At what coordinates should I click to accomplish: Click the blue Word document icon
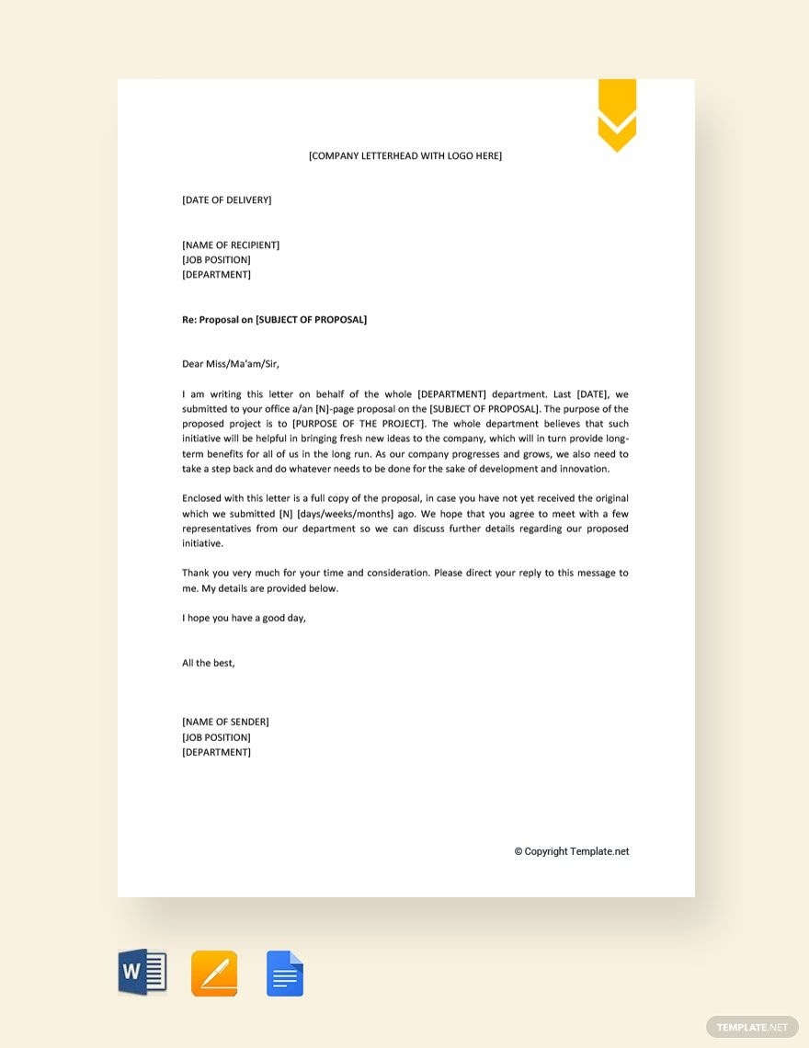[x=142, y=973]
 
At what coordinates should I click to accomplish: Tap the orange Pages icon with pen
[x=214, y=974]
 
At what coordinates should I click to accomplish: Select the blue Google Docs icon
[x=285, y=974]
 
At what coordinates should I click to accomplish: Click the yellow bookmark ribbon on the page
[x=617, y=114]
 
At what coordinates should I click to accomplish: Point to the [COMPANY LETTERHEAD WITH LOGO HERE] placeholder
[x=405, y=155]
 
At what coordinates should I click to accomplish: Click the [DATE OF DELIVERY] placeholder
[x=226, y=199]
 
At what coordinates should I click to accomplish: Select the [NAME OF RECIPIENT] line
[x=231, y=245]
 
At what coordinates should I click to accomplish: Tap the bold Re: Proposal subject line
[x=274, y=319]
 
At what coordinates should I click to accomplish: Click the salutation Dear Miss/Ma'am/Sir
[x=231, y=364]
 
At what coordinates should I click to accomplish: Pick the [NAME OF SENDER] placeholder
[x=225, y=722]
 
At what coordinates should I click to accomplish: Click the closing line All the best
[x=209, y=663]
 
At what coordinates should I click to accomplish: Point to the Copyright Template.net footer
[x=572, y=851]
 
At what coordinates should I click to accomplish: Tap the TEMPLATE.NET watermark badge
[x=752, y=1027]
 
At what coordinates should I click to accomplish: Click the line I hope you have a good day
[x=244, y=618]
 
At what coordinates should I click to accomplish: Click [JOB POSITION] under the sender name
[x=216, y=737]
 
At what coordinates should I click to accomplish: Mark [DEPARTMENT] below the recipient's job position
[x=216, y=274]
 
